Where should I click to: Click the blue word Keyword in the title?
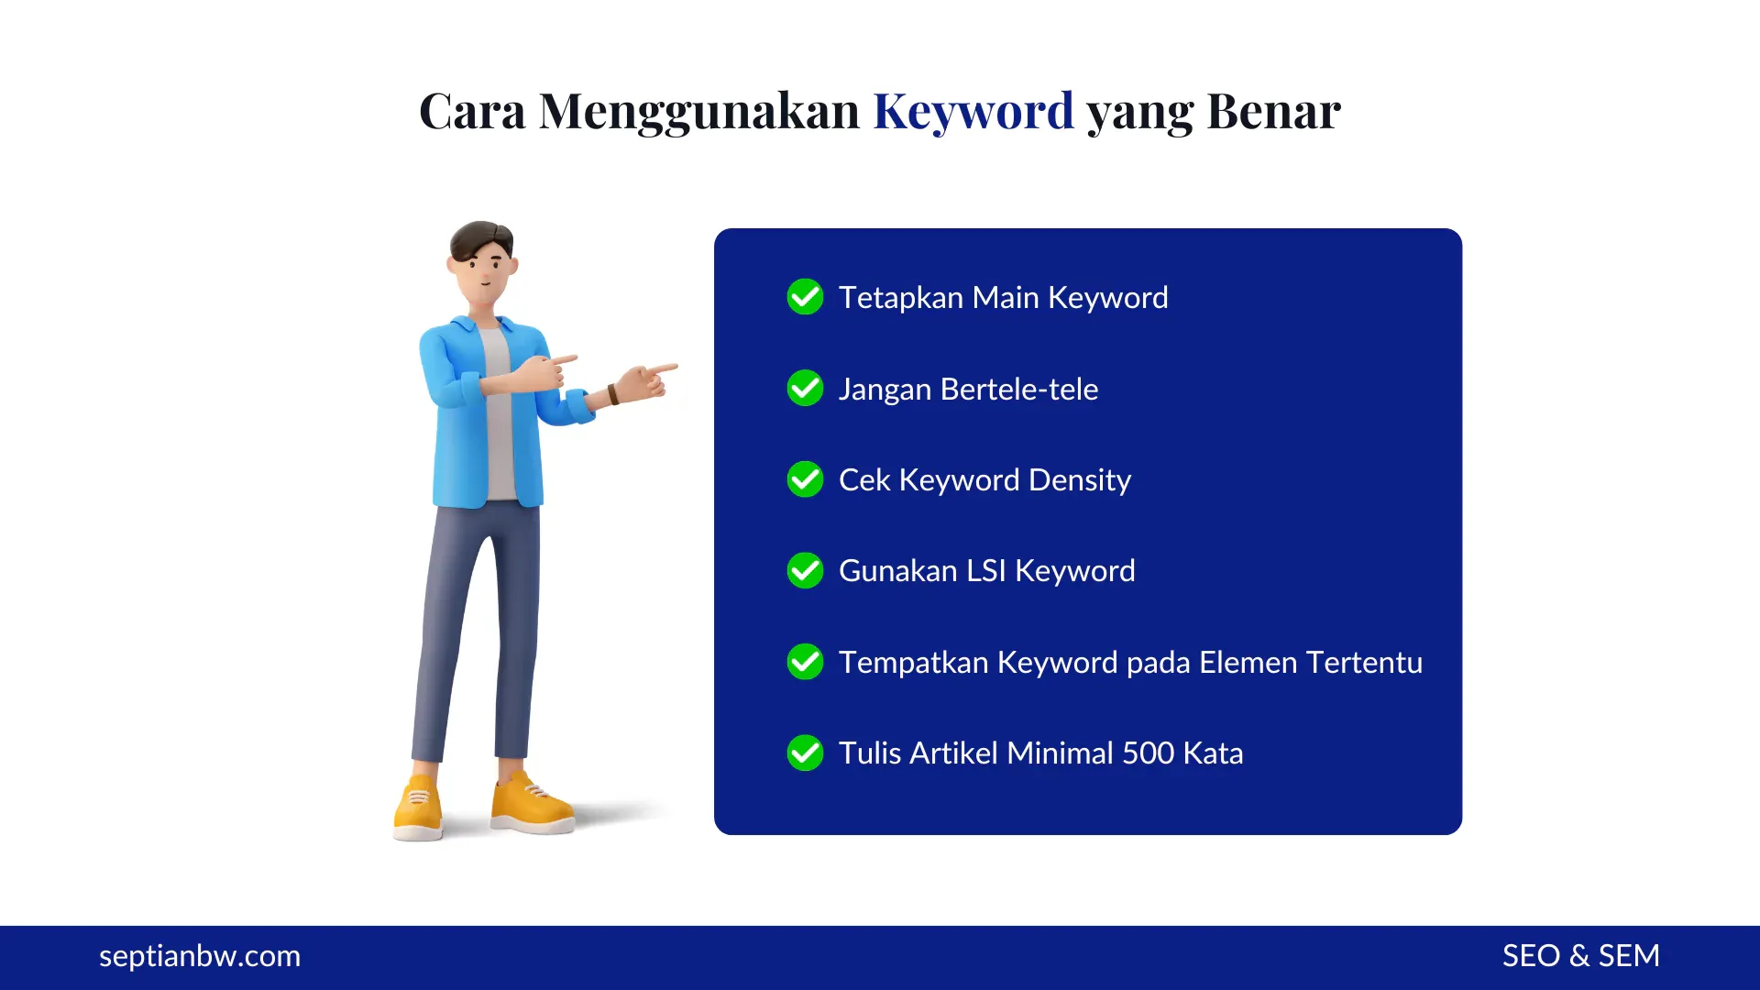click(x=973, y=112)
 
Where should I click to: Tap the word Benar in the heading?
click(x=1273, y=112)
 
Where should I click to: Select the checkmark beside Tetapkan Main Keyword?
click(x=805, y=297)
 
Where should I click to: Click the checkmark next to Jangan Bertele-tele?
click(x=805, y=388)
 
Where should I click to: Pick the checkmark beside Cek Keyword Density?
click(x=805, y=479)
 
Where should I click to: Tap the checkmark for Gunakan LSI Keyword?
click(x=805, y=570)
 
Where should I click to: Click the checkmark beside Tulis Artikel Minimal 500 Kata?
click(x=805, y=753)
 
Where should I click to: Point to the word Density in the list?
click(x=1079, y=480)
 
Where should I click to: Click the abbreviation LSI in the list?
click(x=986, y=571)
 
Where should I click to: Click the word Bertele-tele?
click(x=1018, y=389)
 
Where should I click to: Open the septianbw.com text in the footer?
click(x=200, y=956)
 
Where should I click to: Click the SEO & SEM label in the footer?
click(x=1580, y=956)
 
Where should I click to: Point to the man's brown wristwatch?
click(x=612, y=395)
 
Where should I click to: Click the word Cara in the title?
click(x=472, y=112)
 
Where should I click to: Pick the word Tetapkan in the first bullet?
click(x=900, y=298)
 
